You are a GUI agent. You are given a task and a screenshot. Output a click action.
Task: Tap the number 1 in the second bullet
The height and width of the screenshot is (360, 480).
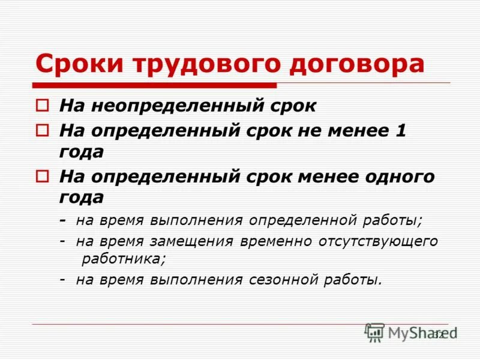[x=401, y=131]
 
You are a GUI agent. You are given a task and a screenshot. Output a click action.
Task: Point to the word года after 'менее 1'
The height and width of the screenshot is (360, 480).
[x=81, y=152]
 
